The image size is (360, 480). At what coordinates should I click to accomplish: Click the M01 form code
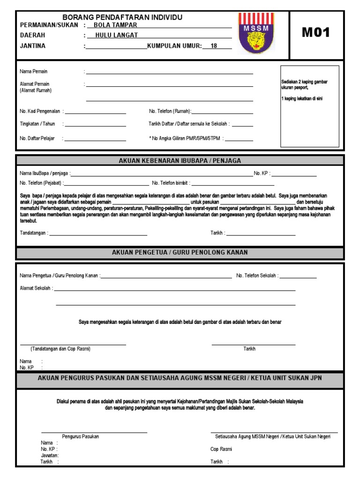(x=316, y=32)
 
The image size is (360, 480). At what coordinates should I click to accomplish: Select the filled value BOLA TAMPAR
(x=115, y=25)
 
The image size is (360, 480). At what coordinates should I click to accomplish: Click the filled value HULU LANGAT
(x=117, y=35)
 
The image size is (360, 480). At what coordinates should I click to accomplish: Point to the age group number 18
(x=214, y=46)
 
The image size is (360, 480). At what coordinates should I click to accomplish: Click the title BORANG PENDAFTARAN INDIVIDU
(x=122, y=17)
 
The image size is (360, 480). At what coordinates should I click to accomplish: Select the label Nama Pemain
(x=34, y=72)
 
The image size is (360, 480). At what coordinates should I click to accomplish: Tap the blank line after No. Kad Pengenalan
(x=95, y=113)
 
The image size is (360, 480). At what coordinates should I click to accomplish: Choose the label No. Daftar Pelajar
(x=37, y=139)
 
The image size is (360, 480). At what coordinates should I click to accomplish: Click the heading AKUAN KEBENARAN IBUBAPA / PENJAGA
(x=180, y=161)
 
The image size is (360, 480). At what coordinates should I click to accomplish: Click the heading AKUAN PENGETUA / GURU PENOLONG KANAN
(x=180, y=253)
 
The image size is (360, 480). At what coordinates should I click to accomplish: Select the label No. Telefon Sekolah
(x=257, y=276)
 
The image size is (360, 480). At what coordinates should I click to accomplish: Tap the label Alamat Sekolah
(x=36, y=288)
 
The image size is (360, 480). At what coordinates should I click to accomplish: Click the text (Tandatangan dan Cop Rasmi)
(x=60, y=349)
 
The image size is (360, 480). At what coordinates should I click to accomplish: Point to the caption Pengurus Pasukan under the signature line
(x=80, y=436)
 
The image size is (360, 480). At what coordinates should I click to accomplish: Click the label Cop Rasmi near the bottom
(x=221, y=449)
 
